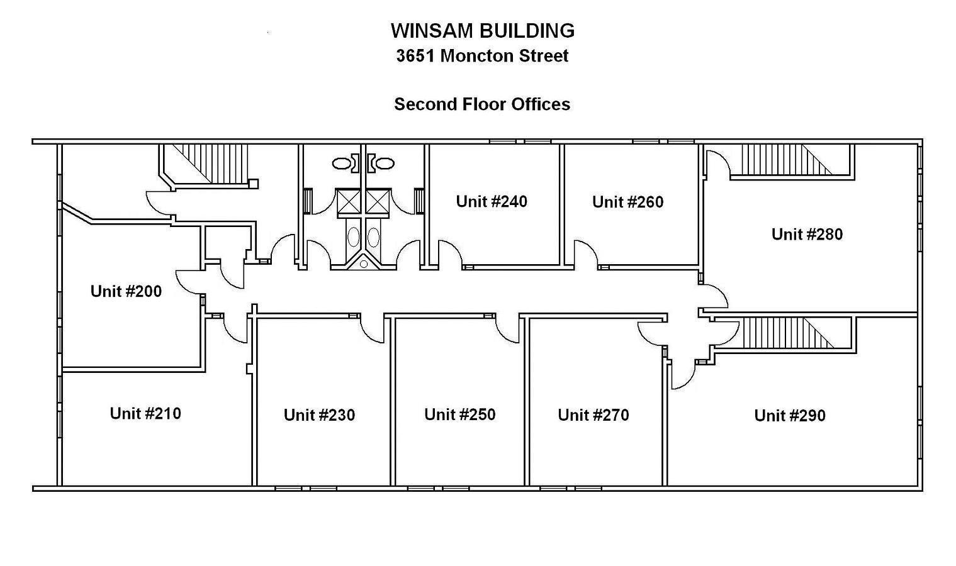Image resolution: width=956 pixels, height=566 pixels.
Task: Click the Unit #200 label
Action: (x=126, y=291)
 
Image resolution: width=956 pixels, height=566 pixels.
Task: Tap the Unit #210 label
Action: (x=145, y=413)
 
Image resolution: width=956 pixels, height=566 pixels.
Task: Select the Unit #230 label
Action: (x=319, y=415)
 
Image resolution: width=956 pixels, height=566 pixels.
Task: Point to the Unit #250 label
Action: (x=459, y=414)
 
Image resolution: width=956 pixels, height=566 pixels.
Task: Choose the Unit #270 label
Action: (x=593, y=415)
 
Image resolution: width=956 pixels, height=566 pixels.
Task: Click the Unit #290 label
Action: (x=790, y=416)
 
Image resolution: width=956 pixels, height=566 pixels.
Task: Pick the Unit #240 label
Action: (x=492, y=201)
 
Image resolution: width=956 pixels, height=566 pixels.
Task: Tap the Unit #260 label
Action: (x=628, y=202)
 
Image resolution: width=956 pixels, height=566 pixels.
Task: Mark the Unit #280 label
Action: (x=807, y=234)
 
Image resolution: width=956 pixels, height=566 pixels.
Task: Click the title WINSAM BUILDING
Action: (x=483, y=31)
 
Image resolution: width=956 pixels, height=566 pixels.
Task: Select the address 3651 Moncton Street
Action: (x=482, y=56)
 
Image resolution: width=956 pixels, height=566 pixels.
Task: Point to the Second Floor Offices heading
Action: (x=482, y=104)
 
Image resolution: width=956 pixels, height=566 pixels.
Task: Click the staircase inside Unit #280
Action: (x=787, y=159)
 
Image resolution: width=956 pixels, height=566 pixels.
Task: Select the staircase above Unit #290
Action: (x=788, y=332)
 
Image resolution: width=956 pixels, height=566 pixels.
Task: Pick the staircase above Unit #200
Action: (x=210, y=164)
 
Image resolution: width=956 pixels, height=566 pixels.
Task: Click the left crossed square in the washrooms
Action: (x=349, y=201)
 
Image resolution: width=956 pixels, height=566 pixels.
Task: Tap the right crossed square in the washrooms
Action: (x=377, y=201)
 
